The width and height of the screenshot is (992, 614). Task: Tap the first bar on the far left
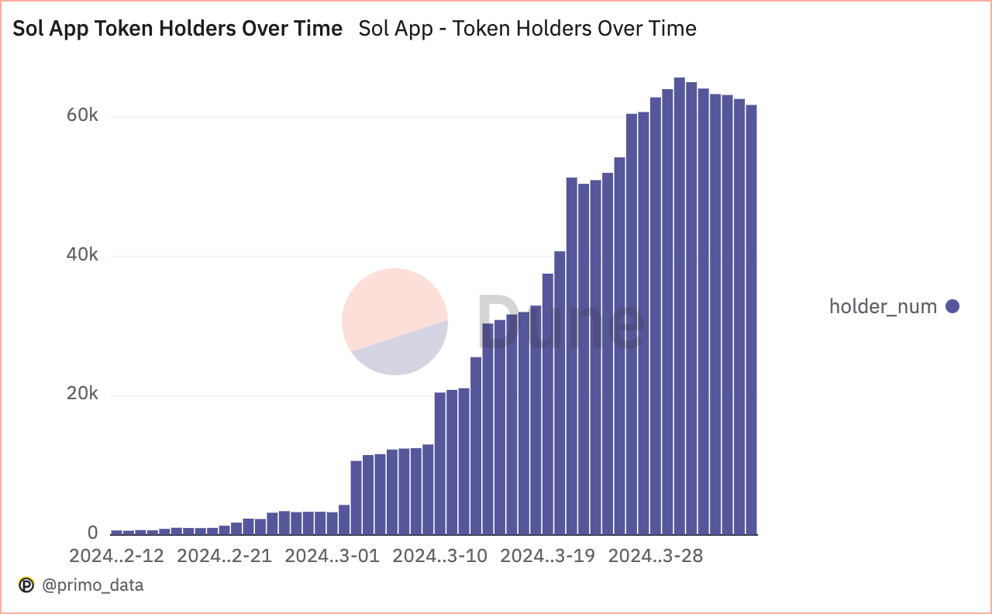116,532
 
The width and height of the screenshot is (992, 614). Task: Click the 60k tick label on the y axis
82,116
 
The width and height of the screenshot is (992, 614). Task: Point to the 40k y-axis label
82,255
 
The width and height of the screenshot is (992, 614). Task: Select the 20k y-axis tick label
82,394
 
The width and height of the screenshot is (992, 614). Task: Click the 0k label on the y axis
92,533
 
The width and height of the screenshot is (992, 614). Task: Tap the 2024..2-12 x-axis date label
116,556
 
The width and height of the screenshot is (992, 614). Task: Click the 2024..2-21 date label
224,556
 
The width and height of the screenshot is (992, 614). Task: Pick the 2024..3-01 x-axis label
332,556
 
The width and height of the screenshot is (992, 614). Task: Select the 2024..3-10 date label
439,556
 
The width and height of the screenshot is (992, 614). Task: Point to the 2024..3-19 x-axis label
547,556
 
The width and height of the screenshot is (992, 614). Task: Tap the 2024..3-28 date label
655,556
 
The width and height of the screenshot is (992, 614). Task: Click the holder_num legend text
883,306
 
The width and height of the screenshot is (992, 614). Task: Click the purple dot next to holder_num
952,306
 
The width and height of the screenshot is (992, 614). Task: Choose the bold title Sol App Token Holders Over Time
177,29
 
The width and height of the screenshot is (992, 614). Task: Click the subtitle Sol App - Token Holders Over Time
527,29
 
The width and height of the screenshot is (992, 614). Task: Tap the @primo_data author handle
92,585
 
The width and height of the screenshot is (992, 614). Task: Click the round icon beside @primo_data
26,585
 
